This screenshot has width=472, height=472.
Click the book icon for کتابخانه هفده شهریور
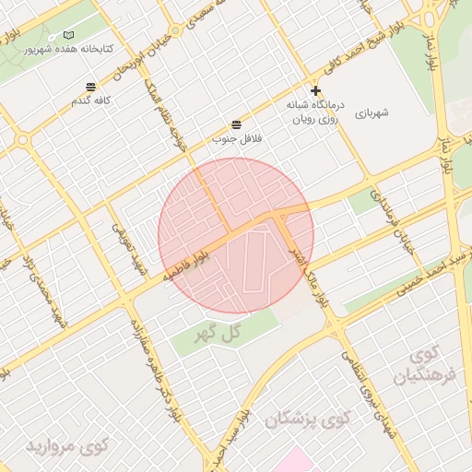click(69, 34)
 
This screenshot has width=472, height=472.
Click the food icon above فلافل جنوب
click(237, 124)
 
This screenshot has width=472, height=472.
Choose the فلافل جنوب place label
click(237, 137)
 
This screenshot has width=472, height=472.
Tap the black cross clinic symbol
click(315, 90)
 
